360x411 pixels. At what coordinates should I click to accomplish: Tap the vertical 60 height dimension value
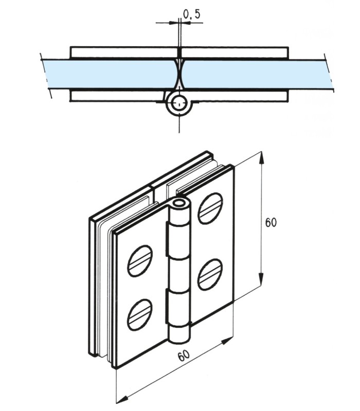tap(271, 222)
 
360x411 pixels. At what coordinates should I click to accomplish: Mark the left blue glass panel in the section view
tap(108, 73)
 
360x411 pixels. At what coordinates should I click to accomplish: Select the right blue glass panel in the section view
tap(252, 73)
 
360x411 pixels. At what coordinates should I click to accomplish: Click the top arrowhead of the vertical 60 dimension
tap(263, 158)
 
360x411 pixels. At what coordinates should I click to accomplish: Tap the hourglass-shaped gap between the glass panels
tap(179, 73)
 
